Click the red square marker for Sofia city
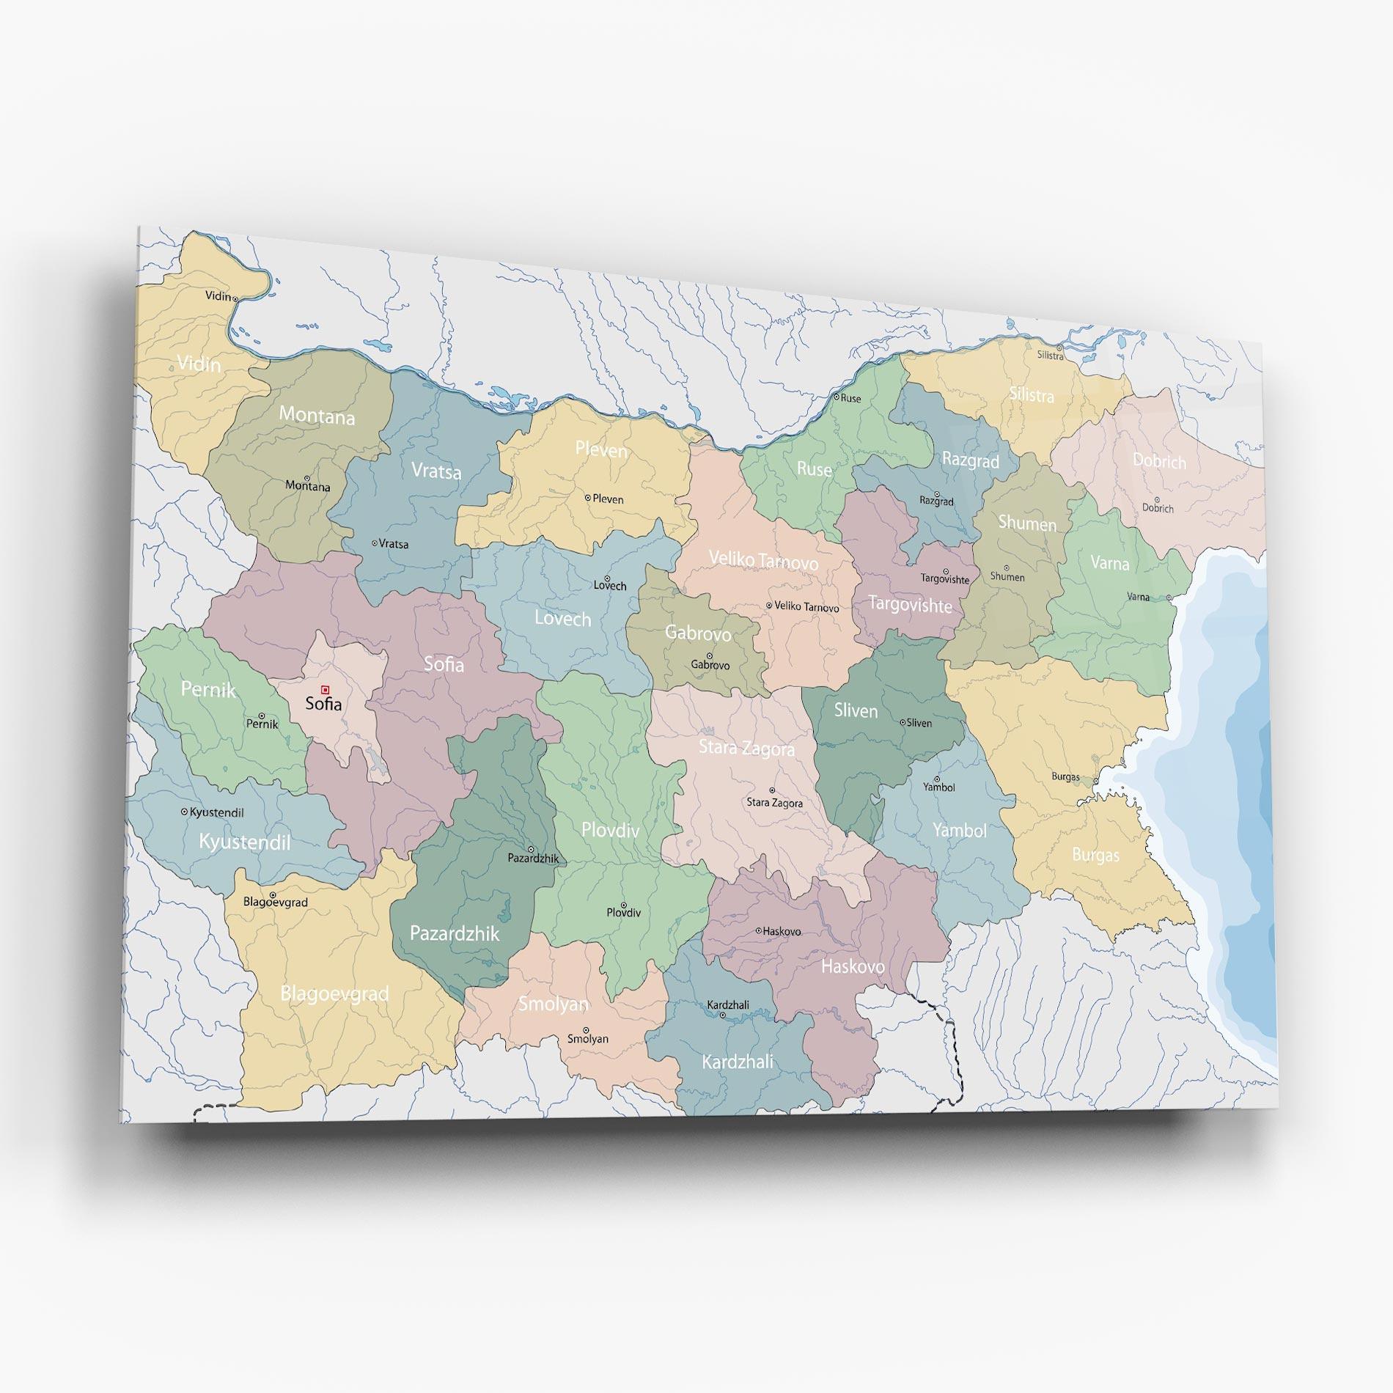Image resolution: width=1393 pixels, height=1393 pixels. pyautogui.click(x=326, y=689)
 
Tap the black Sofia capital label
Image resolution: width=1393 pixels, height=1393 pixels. pyautogui.click(x=323, y=704)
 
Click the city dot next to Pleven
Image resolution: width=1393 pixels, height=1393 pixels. pyautogui.click(x=588, y=497)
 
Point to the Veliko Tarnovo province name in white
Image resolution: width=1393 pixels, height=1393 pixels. pyautogui.click(x=763, y=561)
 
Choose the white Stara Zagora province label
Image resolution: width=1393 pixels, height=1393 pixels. pyautogui.click(x=746, y=749)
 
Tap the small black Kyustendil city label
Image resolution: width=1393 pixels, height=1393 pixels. pyautogui.click(x=216, y=812)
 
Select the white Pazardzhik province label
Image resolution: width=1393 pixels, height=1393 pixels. pyautogui.click(x=454, y=933)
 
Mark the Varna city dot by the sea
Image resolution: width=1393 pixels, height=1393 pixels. pyautogui.click(x=1169, y=598)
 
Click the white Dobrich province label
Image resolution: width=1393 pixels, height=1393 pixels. pyautogui.click(x=1159, y=461)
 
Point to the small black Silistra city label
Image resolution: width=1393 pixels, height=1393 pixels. pyautogui.click(x=1050, y=356)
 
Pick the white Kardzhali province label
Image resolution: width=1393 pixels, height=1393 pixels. pyautogui.click(x=737, y=1061)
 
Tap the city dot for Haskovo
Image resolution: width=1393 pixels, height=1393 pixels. pyautogui.click(x=759, y=930)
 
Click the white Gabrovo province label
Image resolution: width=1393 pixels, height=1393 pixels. pyautogui.click(x=697, y=632)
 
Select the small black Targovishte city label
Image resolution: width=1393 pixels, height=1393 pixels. pyautogui.click(x=945, y=579)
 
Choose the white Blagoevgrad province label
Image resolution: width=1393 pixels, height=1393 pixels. pyautogui.click(x=334, y=994)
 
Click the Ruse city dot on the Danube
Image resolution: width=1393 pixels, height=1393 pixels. pyautogui.click(x=837, y=397)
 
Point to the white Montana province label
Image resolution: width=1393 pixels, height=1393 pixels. pyautogui.click(x=317, y=416)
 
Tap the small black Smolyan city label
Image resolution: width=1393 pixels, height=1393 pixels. pyautogui.click(x=588, y=1039)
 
